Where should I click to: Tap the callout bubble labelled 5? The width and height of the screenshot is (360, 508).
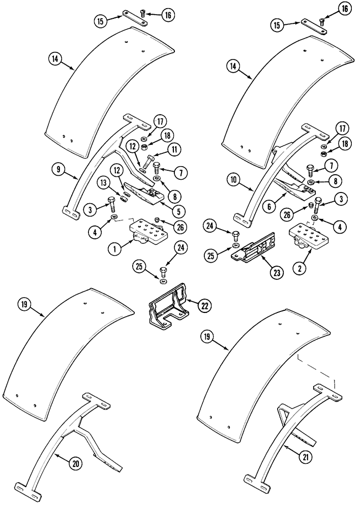[178, 209]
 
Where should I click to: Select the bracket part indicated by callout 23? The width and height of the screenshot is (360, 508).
[253, 248]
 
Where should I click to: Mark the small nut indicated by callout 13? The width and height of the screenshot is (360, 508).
[123, 196]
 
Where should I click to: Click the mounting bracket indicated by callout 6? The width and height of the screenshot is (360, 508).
[295, 188]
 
